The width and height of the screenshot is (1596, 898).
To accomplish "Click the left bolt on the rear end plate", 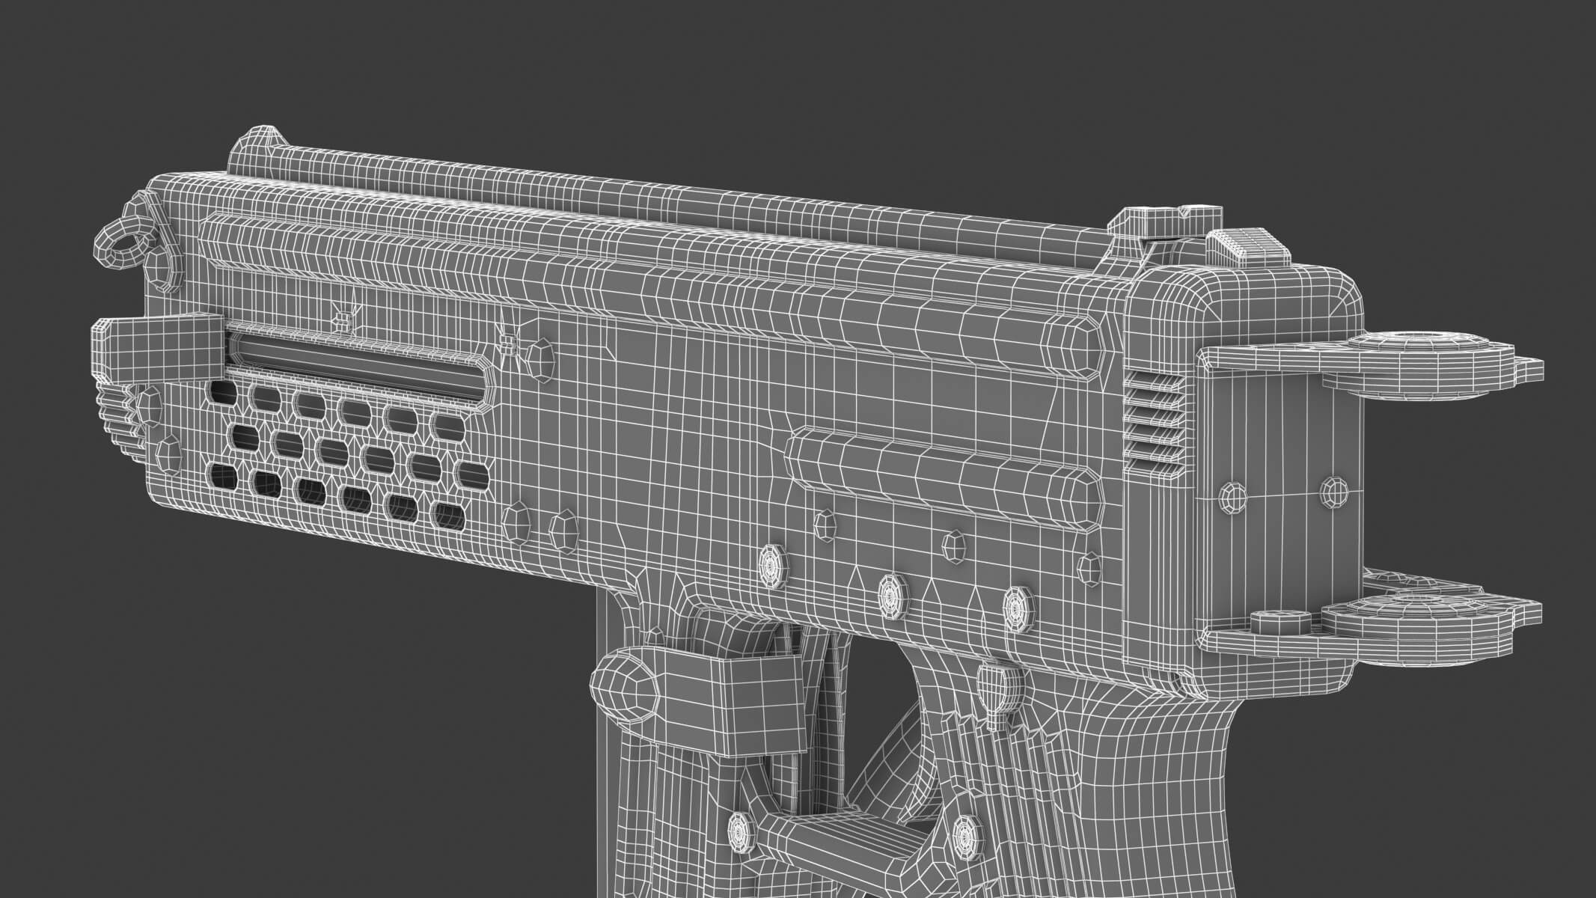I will pos(1234,495).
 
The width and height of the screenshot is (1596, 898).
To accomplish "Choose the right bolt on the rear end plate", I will pos(1334,490).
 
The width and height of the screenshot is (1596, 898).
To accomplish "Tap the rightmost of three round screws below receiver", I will pos(1016,601).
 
